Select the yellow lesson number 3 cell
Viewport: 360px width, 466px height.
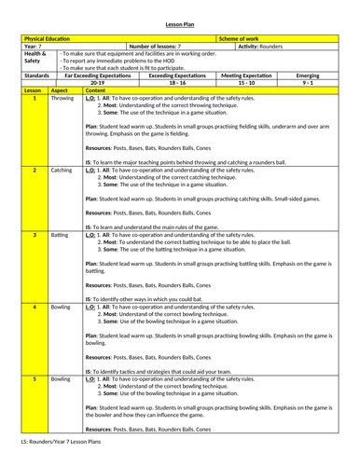34,236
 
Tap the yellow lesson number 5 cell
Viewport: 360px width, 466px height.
34,381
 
